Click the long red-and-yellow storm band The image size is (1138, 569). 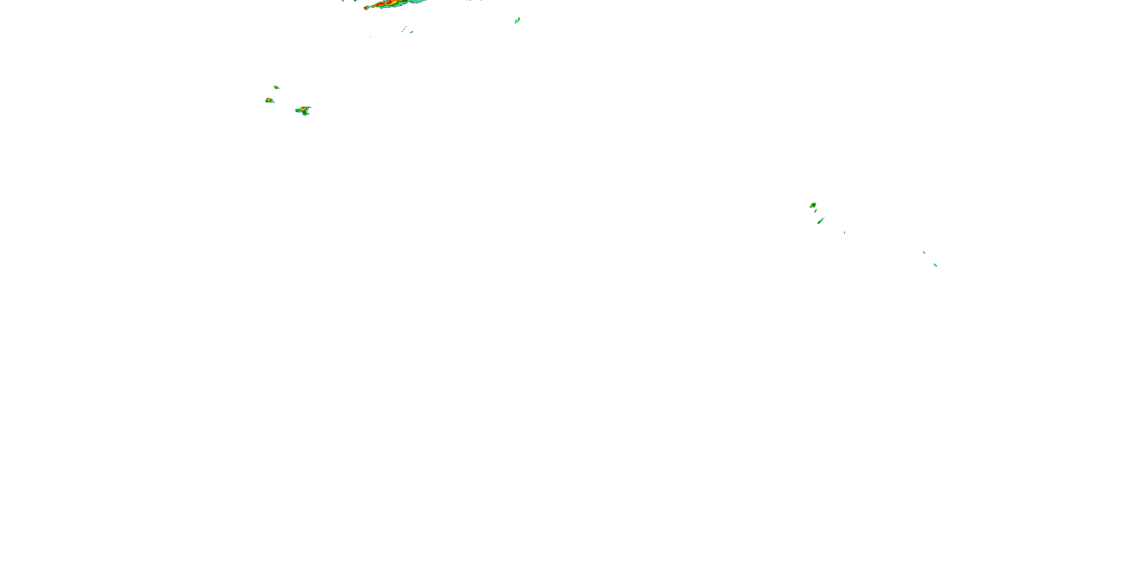(x=389, y=3)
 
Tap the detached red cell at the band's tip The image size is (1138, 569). (x=366, y=8)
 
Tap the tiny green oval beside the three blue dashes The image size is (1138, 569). (x=412, y=32)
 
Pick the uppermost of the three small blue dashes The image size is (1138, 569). (x=406, y=27)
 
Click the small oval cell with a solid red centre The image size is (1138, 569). (x=276, y=87)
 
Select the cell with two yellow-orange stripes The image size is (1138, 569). (x=269, y=100)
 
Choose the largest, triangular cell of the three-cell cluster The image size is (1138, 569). (x=303, y=110)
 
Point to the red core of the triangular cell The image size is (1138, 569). (x=303, y=108)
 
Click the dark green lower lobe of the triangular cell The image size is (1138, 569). (x=305, y=113)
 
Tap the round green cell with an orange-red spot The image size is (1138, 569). (x=813, y=205)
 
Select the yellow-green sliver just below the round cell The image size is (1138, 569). (x=816, y=211)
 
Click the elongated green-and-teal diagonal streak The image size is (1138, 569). (x=821, y=220)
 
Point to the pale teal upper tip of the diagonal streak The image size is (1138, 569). (x=824, y=218)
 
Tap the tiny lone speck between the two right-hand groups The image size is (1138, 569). (x=845, y=233)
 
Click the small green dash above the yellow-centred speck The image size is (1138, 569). (x=924, y=252)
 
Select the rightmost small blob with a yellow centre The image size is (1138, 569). (x=935, y=265)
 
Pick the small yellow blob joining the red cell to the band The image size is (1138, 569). (x=373, y=6)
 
